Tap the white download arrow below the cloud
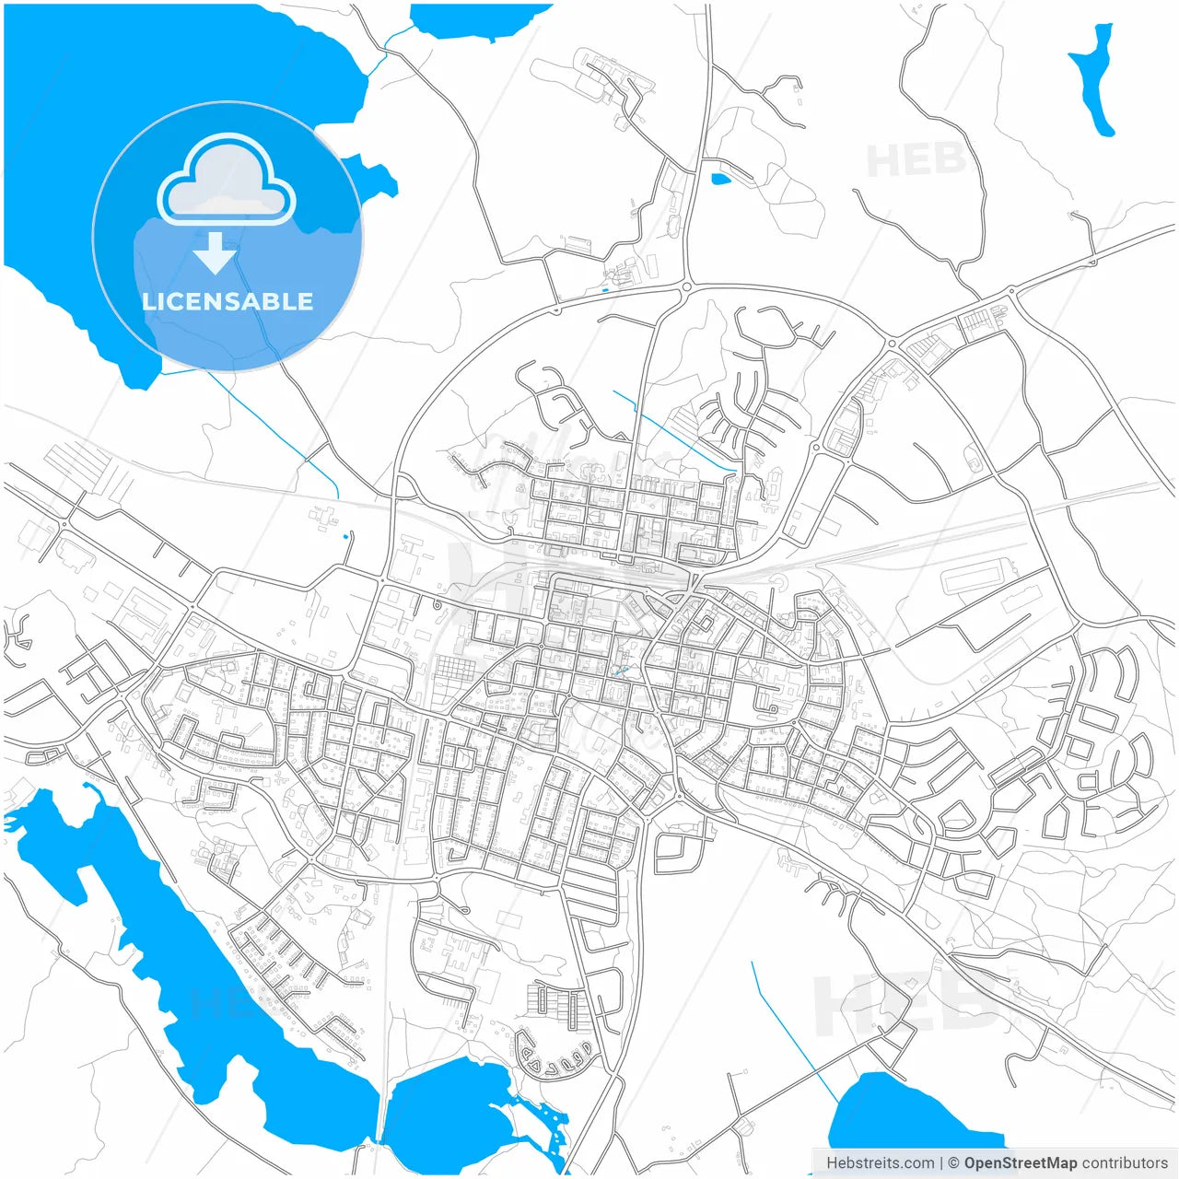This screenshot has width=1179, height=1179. coord(216,253)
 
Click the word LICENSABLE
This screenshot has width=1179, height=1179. coord(228,301)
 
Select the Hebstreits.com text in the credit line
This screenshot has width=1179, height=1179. coord(880,1162)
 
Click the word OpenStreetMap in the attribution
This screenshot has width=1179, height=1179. coord(1020,1162)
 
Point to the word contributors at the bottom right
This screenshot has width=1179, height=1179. coord(1125,1162)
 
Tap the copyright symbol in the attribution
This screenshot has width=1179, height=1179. coord(953,1162)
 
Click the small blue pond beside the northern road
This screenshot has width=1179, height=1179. coord(720,179)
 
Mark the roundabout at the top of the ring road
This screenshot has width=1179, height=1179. coord(687,287)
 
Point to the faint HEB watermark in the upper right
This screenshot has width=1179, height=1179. coord(916,161)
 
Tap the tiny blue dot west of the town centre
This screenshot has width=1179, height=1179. coord(345,536)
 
